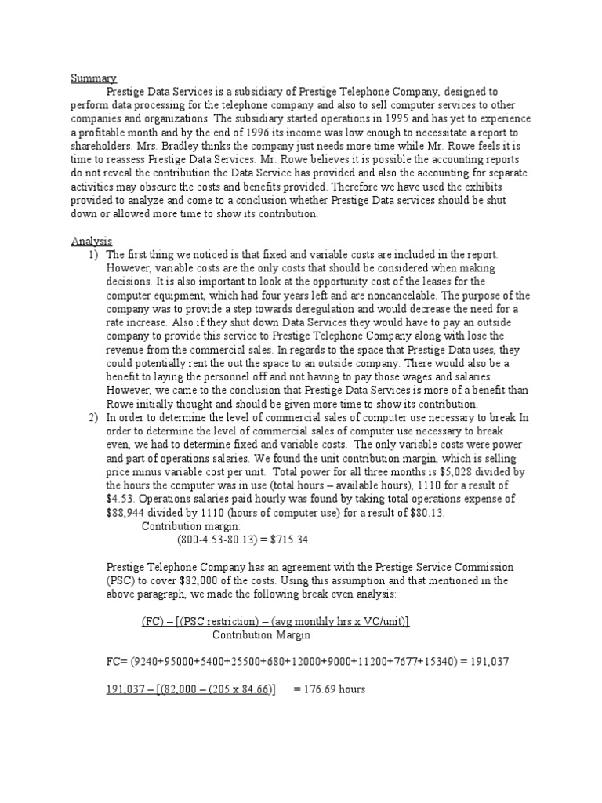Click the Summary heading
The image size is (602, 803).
click(x=94, y=78)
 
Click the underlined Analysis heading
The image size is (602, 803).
click(x=92, y=242)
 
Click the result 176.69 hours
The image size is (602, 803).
click(x=330, y=689)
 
